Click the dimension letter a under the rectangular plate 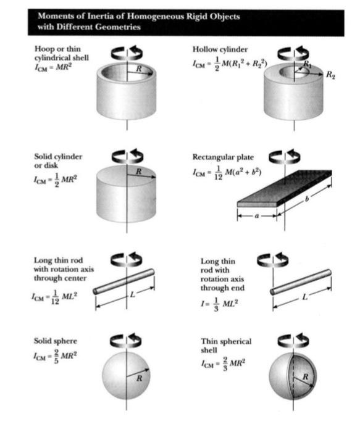point(257,217)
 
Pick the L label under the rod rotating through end point(304,297)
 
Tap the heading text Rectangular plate point(223,156)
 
